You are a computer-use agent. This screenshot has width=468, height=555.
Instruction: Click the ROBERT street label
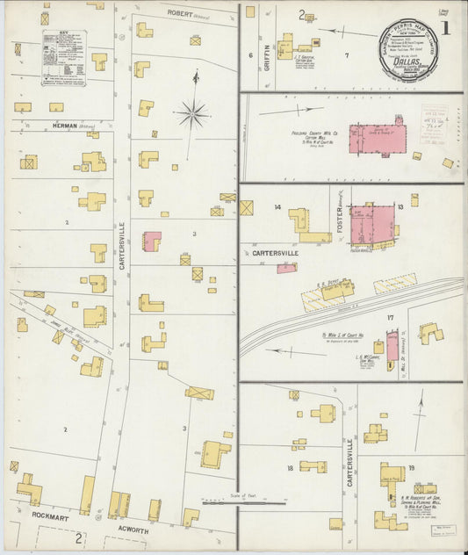point(180,13)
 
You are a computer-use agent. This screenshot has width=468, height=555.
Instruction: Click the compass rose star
point(193,112)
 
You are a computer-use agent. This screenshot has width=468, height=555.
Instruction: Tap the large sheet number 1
point(446,28)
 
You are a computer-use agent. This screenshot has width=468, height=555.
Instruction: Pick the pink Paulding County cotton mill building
point(378,138)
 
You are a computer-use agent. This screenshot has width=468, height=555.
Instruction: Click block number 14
point(277,207)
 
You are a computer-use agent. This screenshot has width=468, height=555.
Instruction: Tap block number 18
point(290,468)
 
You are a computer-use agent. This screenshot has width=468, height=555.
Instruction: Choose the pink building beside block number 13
point(372,224)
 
